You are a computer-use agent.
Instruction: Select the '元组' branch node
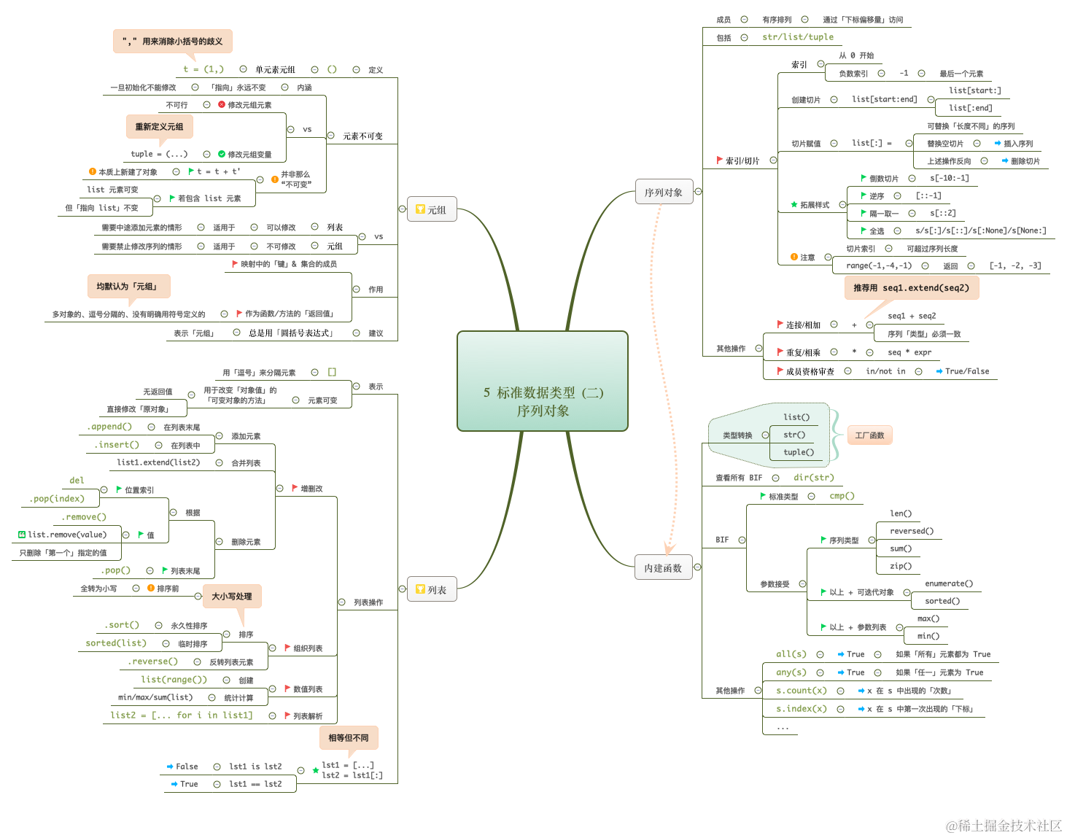[x=431, y=210]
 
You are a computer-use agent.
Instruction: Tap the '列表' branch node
[x=431, y=590]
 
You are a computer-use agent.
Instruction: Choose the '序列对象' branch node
[x=663, y=193]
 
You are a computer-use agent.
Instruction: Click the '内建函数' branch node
[x=663, y=568]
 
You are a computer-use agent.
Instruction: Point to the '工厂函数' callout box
[x=869, y=435]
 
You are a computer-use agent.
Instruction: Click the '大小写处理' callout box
[x=232, y=597]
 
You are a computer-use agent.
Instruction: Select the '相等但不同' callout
[x=349, y=738]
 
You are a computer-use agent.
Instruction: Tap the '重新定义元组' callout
[x=159, y=127]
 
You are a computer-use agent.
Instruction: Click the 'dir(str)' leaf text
[x=813, y=478]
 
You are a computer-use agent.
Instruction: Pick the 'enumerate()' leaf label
[x=949, y=583]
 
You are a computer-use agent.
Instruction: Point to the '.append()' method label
[x=109, y=427]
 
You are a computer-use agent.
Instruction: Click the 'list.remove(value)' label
[x=67, y=535]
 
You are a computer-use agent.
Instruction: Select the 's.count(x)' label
[x=802, y=691]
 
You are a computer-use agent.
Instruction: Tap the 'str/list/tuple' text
[x=798, y=37]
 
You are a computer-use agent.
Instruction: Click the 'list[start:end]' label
[x=884, y=99]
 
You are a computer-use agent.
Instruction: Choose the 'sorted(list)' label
[x=116, y=643]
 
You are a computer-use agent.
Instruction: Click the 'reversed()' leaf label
[x=912, y=531]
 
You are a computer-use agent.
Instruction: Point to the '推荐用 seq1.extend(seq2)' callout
[x=911, y=288]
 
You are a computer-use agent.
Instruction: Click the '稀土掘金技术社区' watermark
[x=1004, y=826]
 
